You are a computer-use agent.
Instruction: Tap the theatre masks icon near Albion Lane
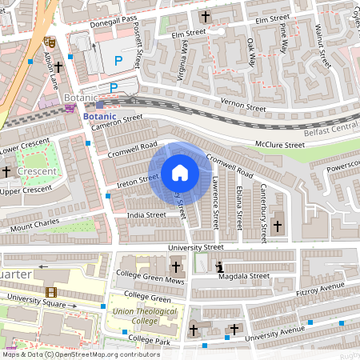48,38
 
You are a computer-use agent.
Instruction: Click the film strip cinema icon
51,292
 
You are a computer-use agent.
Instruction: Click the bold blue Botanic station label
99,115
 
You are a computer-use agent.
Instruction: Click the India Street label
146,214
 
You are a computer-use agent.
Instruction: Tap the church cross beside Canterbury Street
278,226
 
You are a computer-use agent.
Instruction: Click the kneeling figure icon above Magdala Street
220,267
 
